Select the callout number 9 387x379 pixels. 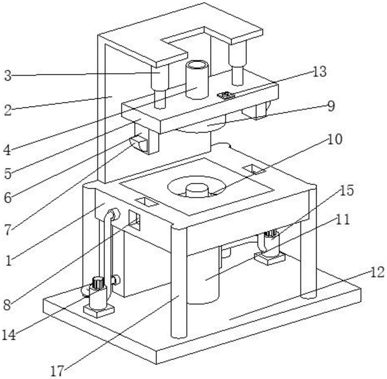pyautogui.click(x=331, y=106)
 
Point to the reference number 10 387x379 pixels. pyautogui.click(x=335, y=139)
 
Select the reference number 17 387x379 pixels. pyautogui.click(x=57, y=371)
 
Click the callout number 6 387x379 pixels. pyautogui.click(x=8, y=198)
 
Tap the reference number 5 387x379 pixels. pyautogui.click(x=8, y=174)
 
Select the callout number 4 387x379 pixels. pyautogui.click(x=8, y=150)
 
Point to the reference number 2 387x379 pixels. pyautogui.click(x=8, y=110)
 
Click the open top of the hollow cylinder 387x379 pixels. pyautogui.click(x=197, y=65)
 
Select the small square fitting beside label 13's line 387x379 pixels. pyautogui.click(x=226, y=95)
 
